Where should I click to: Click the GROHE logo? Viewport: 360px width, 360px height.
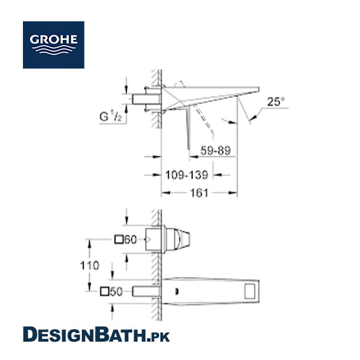point(54,45)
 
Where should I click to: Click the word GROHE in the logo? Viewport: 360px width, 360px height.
point(54,39)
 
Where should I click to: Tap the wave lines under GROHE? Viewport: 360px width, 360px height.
point(54,50)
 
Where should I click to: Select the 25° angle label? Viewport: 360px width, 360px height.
point(276,101)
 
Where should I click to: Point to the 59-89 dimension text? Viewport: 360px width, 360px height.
point(215,151)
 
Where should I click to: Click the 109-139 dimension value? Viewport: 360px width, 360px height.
point(187,175)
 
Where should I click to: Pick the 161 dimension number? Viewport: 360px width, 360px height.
point(199,193)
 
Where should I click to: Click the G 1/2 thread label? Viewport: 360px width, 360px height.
point(111,116)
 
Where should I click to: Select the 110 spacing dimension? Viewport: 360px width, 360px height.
point(90,265)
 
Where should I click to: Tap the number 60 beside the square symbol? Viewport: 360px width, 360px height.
point(130,240)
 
